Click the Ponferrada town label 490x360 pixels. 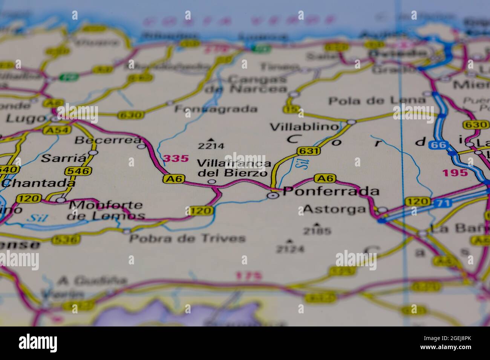click(331, 192)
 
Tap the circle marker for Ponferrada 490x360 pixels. click(273, 195)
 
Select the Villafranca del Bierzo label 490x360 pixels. click(234, 168)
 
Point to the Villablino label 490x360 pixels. click(305, 127)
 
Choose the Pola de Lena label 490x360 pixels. click(377, 101)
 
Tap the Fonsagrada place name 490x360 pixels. click(216, 109)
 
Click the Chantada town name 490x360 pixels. click(38, 183)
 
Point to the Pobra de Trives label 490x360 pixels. click(187, 238)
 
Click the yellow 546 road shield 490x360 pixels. click(78, 171)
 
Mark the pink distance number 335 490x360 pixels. click(176, 159)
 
